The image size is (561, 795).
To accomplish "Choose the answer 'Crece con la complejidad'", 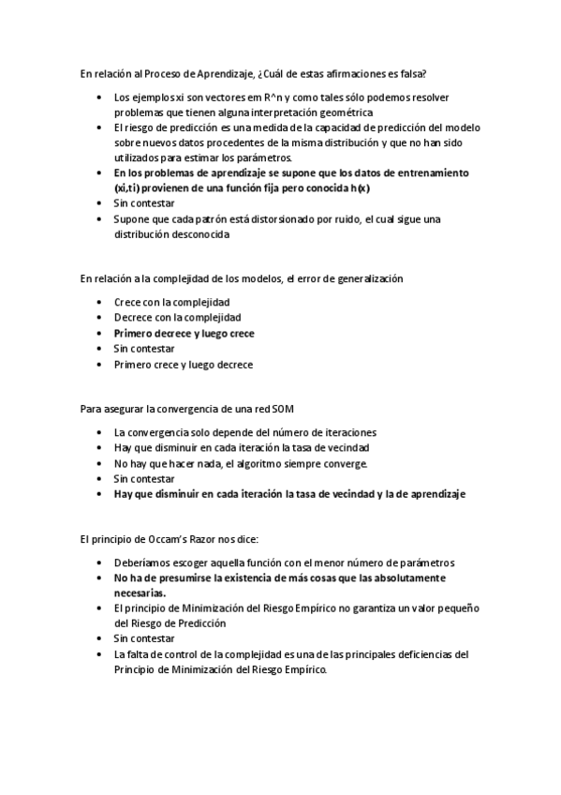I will point(171,303).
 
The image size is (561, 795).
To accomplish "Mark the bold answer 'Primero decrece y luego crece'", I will point(185,333).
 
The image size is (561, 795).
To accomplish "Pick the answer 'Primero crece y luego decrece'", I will point(184,364).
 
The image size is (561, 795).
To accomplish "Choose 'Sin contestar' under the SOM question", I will point(144,478).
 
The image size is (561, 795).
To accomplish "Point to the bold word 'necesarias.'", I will point(140,592).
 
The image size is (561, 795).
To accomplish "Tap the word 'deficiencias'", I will point(427,653).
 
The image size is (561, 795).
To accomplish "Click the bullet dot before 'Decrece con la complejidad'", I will point(100,318).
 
